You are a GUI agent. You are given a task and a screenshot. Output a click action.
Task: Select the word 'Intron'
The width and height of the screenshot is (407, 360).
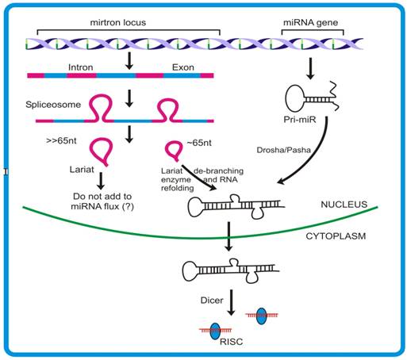click(x=83, y=67)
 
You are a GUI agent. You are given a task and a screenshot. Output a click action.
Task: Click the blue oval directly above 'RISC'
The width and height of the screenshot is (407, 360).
click(x=214, y=331)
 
